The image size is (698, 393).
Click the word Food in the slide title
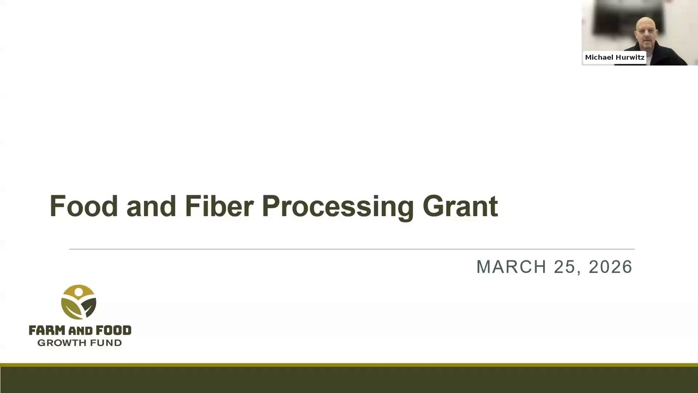tap(84, 206)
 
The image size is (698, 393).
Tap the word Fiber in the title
tap(219, 206)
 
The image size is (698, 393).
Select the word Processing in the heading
tap(338, 208)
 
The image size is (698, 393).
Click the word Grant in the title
tap(460, 206)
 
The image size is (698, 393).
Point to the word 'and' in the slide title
tap(152, 206)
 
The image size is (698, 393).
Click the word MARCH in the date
tap(512, 267)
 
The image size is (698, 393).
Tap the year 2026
tap(610, 267)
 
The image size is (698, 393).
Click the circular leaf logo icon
tap(79, 302)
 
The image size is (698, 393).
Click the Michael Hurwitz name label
tap(615, 57)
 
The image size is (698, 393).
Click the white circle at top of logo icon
tap(79, 292)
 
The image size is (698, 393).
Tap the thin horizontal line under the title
tap(352, 249)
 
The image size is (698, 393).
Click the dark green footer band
tap(349, 380)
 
